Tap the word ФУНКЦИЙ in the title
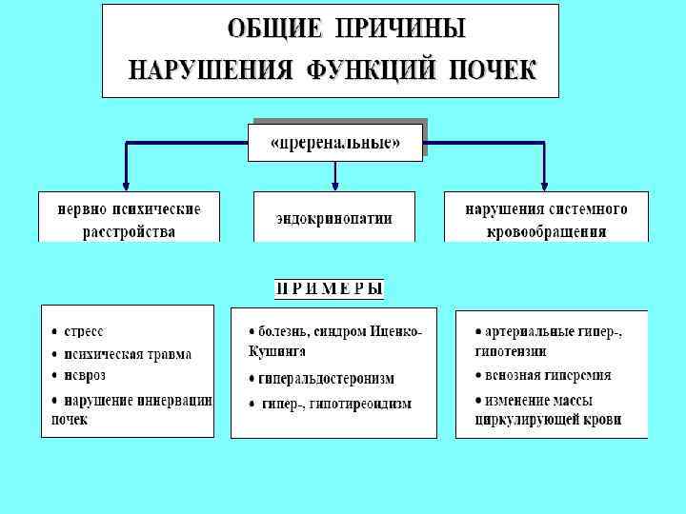[384, 69]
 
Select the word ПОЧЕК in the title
[493, 69]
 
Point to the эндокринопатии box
[334, 218]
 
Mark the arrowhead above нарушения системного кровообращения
[544, 184]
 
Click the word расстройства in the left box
[129, 231]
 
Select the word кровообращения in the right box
[547, 231]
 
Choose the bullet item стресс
[84, 332]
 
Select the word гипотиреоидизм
[363, 404]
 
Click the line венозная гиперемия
[548, 376]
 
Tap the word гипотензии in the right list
[510, 351]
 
